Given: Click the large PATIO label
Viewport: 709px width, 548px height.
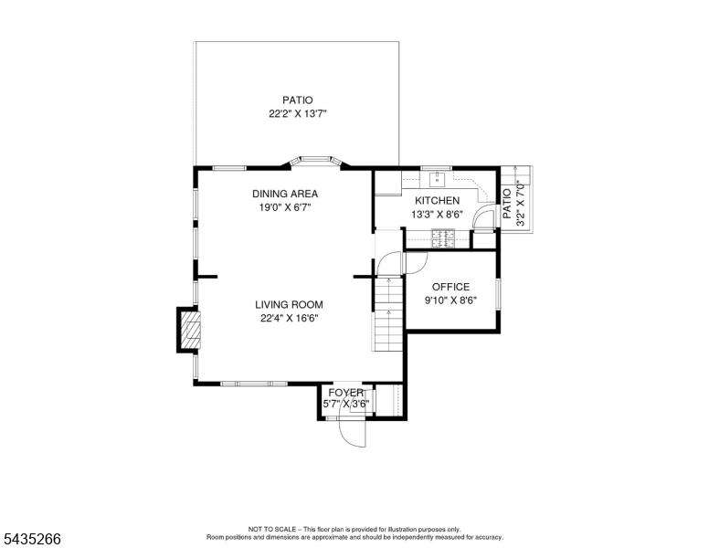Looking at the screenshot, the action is click(298, 100).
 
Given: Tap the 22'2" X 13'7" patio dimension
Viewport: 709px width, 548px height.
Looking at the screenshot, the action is click(298, 113).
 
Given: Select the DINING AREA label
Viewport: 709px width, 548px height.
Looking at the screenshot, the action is click(285, 194).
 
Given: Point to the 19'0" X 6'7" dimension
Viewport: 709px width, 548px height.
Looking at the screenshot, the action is click(285, 207).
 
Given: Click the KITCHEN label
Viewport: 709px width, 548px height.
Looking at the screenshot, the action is click(438, 200).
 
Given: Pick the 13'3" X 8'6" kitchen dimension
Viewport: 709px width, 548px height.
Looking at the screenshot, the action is click(438, 215).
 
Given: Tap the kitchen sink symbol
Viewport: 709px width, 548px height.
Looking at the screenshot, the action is click(437, 178).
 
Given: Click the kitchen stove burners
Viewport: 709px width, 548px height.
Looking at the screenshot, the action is click(443, 238).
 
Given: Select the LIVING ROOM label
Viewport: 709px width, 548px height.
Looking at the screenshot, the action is click(289, 305).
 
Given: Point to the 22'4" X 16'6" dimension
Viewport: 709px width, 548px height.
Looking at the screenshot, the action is click(289, 319).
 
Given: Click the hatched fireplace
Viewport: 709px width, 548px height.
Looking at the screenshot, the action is click(190, 330).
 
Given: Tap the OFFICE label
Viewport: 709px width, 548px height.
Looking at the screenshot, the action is click(450, 287).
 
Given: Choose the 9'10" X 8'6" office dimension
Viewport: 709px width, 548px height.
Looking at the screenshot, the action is click(450, 300).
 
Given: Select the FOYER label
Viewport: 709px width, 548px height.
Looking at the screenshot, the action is click(346, 393).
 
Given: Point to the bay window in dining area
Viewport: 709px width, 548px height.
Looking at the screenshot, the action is click(315, 160).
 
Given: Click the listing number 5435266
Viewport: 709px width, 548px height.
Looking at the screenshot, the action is click(32, 539).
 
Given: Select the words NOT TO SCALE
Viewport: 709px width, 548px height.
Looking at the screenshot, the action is click(272, 529).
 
